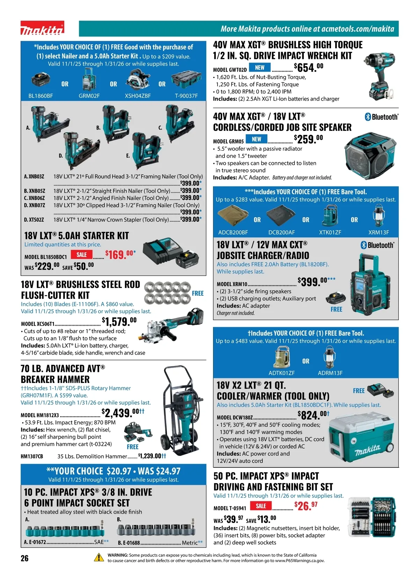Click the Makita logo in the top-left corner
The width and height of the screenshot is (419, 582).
[42, 28]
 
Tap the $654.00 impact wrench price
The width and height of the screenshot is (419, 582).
[309, 67]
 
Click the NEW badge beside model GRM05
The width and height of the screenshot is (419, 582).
[256, 139]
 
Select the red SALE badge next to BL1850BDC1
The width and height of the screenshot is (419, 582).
[81, 255]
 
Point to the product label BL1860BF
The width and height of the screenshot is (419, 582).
[41, 96]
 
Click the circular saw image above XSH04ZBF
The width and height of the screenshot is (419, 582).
[138, 79]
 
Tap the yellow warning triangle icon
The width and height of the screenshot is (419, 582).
[99, 557]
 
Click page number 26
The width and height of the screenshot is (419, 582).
[25, 558]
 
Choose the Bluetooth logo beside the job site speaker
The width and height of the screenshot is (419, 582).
[381, 117]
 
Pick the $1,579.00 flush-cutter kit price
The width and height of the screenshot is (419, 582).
[119, 322]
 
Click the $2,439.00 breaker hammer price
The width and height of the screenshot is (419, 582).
[123, 413]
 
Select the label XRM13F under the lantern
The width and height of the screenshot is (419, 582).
[378, 232]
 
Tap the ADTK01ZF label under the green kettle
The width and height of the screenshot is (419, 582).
[281, 373]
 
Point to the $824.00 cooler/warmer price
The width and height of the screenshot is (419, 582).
[314, 415]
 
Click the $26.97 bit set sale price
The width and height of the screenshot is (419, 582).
[306, 506]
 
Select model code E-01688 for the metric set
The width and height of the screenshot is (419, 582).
[128, 543]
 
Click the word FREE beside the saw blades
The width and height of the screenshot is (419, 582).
[198, 293]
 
